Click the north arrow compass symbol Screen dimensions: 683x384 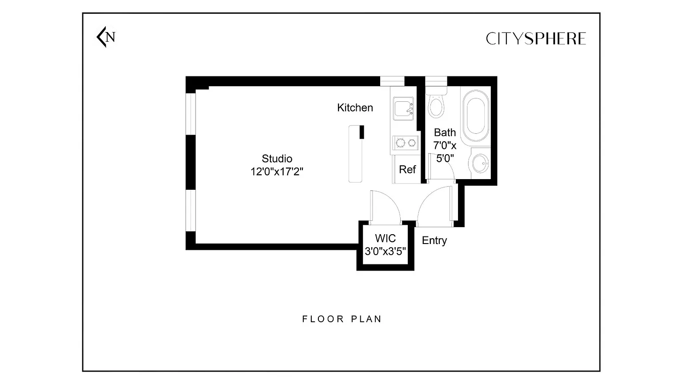105,37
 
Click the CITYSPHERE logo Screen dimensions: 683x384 536,39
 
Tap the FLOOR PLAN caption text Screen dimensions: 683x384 342,319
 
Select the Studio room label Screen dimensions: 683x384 277,159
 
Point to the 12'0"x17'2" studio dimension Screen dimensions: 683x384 277,172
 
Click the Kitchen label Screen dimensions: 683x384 355,108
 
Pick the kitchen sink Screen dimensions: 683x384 403,108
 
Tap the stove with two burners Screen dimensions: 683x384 405,143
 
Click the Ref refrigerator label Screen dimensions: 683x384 407,169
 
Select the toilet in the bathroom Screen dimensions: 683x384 436,103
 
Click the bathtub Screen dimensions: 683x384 476,116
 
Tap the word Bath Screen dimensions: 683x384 445,132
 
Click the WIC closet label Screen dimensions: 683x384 386,238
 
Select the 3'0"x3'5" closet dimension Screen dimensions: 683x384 386,252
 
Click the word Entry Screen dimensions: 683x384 434,240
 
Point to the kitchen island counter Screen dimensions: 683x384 356,154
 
